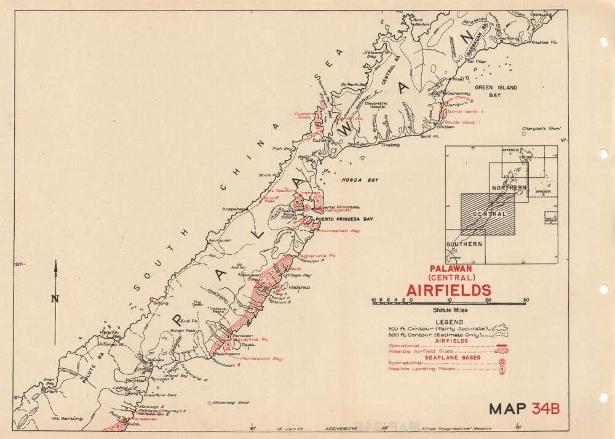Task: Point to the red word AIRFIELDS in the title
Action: [448, 290]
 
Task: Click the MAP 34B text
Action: [525, 408]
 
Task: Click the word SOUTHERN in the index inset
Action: [465, 244]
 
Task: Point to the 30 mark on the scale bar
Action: [525, 300]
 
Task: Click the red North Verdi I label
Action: [466, 111]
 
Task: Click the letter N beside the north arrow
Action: [55, 300]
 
